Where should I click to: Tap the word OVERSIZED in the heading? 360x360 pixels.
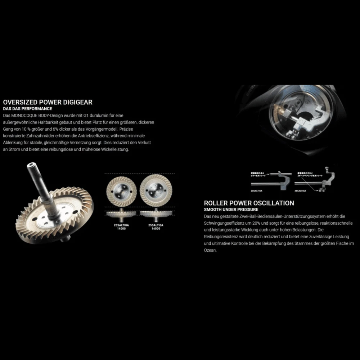pyautogui.click(x=19, y=102)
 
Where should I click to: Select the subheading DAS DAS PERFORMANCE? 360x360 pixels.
pyautogui.click(x=27, y=109)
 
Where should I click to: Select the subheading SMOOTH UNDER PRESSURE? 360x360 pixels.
pyautogui.click(x=231, y=210)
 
